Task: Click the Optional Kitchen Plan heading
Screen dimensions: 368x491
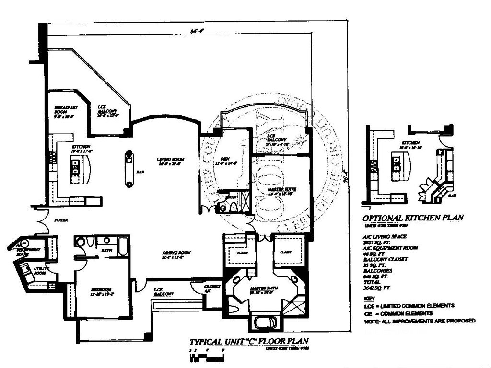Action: click(413, 217)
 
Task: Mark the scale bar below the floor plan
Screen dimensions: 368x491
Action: click(208, 355)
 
